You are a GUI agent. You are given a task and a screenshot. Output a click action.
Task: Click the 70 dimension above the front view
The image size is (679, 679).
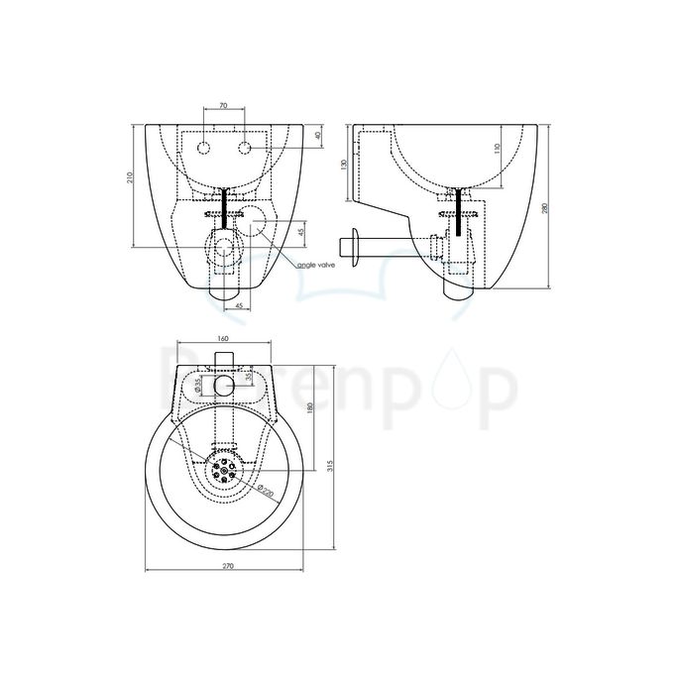[223, 103]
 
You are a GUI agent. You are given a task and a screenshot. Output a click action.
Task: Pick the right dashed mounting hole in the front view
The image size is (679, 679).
[244, 149]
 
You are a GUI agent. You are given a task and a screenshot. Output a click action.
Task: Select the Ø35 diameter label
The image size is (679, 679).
[198, 384]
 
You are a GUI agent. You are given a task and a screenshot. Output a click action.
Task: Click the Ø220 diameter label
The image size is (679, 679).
[263, 490]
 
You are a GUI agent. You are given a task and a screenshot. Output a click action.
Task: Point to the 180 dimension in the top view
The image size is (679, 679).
[310, 408]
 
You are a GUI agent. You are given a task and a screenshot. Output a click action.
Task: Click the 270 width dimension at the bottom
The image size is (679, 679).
[227, 566]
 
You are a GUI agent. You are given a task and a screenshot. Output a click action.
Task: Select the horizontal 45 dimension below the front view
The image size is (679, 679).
[238, 306]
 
